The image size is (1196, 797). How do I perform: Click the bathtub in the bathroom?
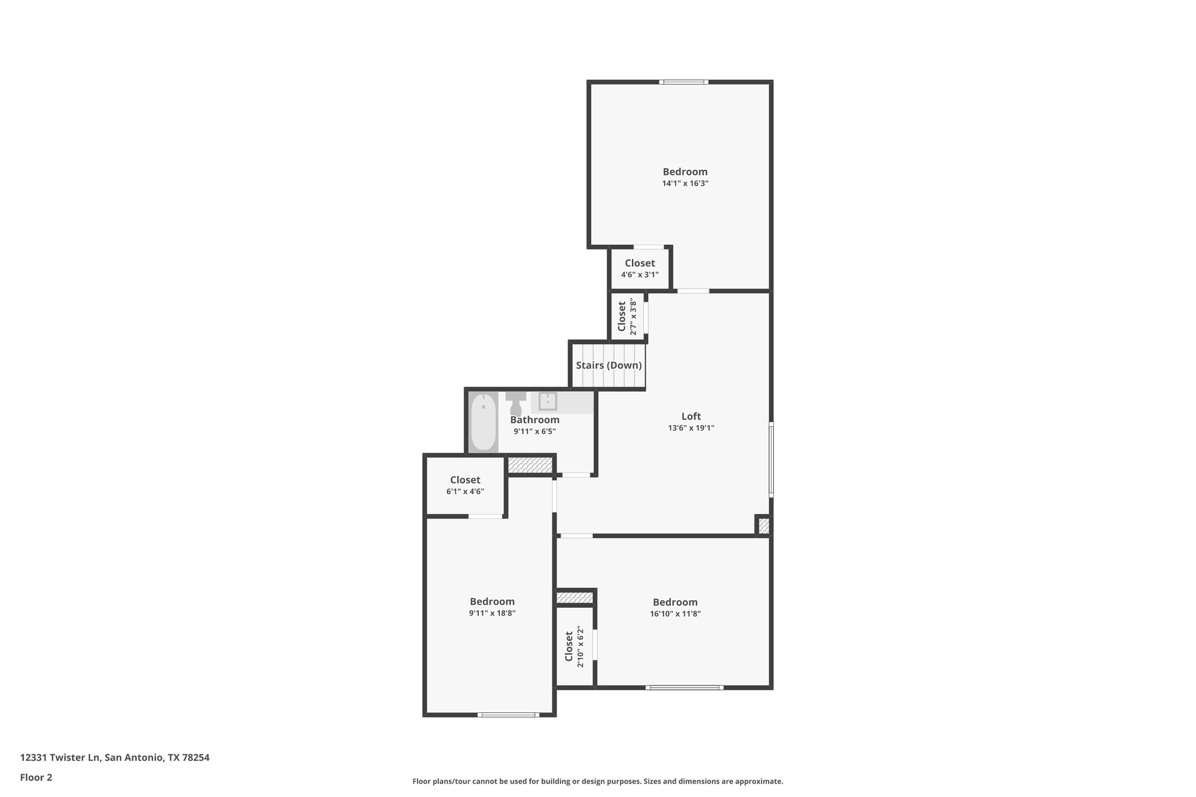[483, 422]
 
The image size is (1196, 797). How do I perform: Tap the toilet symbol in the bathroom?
[516, 404]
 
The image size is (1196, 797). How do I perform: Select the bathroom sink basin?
[548, 401]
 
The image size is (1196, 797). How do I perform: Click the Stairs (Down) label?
[609, 366]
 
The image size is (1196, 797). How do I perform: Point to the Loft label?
[691, 416]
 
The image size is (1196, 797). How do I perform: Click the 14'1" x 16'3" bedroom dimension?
[685, 183]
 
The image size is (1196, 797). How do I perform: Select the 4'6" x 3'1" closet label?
[639, 269]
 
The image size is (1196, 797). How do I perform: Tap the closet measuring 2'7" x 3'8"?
[627, 317]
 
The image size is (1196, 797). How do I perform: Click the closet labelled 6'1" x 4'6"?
[465, 485]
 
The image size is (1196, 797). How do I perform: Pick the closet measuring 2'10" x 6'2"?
[573, 646]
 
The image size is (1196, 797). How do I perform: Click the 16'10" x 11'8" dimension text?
[675, 614]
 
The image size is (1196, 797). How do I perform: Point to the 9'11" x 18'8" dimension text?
[492, 613]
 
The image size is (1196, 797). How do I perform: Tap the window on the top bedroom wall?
[684, 82]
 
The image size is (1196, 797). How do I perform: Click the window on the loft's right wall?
[771, 460]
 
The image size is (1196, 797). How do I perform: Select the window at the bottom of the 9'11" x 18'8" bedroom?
[507, 715]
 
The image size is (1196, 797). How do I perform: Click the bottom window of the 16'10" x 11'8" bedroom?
[684, 687]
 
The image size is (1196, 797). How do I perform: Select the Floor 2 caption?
[36, 777]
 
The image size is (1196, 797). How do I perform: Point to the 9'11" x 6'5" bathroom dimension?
[534, 431]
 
